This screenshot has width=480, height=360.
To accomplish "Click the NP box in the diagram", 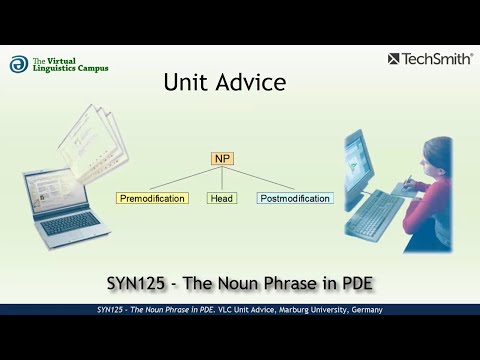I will click(222, 159).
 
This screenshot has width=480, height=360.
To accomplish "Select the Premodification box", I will click(152, 198).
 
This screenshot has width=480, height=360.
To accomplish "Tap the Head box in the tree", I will click(222, 198).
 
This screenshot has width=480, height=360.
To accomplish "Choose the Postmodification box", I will click(295, 198).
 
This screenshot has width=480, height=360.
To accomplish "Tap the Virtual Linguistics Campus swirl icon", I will click(18, 65).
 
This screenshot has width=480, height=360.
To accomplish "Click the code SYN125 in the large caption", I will click(137, 283).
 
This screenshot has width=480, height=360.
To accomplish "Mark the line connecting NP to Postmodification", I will click(262, 177).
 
